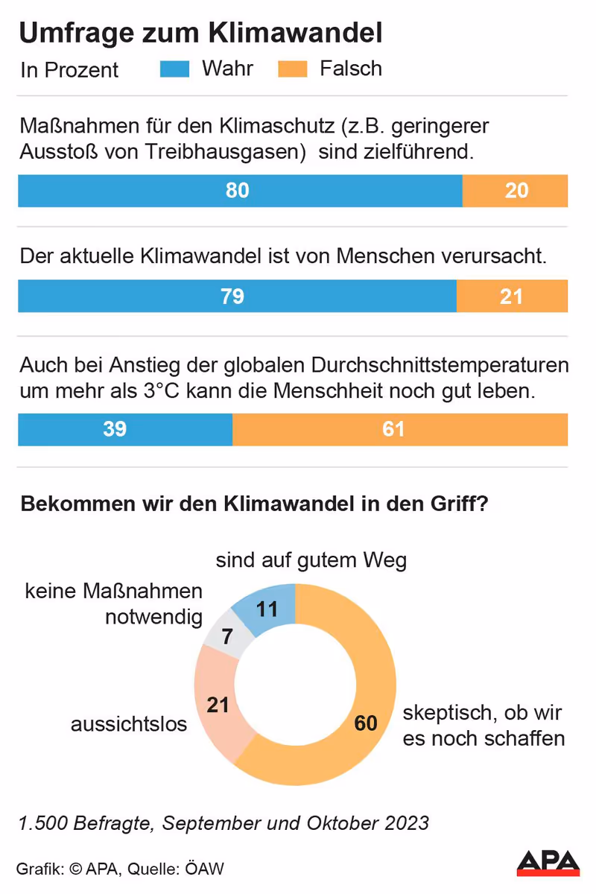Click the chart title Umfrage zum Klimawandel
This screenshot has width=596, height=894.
click(200, 34)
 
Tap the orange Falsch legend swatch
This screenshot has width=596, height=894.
click(292, 69)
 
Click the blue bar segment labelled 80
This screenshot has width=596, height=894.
click(239, 191)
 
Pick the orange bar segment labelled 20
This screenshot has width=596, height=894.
click(516, 191)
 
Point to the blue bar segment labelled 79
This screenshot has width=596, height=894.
click(236, 296)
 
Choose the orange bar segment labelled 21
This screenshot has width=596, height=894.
click(512, 296)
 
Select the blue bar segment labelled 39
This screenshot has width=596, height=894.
click(124, 429)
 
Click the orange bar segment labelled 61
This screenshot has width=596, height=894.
click(400, 429)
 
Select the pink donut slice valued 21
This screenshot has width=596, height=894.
click(218, 704)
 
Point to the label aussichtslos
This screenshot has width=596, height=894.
click(128, 723)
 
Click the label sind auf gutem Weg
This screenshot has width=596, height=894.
click(311, 560)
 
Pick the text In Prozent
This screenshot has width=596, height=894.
click(69, 70)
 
